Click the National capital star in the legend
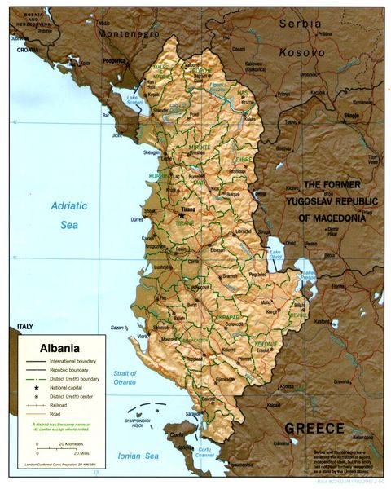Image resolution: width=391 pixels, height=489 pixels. (x=37, y=384)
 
